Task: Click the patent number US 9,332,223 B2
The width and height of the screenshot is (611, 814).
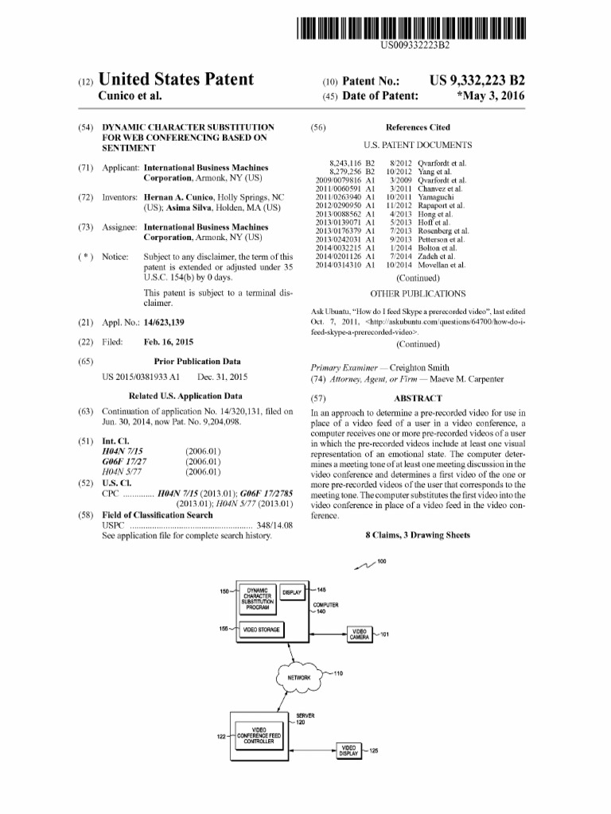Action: [477, 80]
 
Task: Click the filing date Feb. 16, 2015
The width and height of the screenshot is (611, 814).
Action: [169, 342]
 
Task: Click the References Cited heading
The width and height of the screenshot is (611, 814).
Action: [418, 127]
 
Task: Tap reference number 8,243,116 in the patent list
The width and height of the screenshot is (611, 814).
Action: [345, 163]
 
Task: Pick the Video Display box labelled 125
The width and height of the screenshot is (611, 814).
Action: [348, 751]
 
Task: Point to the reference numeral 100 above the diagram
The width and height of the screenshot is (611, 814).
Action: [382, 562]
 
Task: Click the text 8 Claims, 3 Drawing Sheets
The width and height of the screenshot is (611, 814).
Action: [418, 535]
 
